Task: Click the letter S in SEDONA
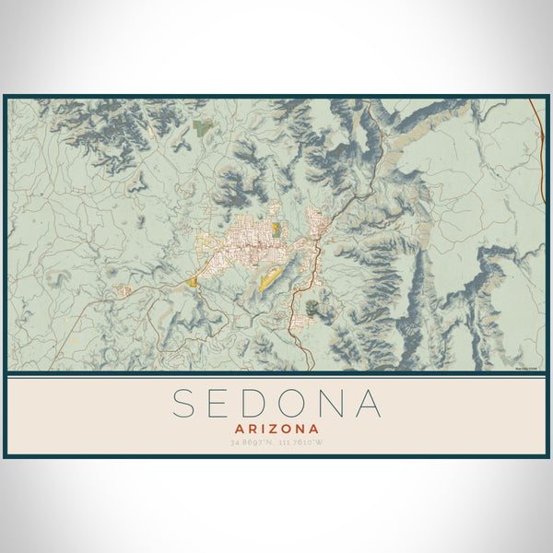click(x=184, y=404)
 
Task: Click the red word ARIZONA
click(x=276, y=429)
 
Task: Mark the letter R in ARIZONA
click(x=253, y=429)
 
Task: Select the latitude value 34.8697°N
click(x=253, y=443)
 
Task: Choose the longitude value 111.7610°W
click(x=300, y=443)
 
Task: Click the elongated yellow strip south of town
click(x=269, y=277)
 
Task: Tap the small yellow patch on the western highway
click(x=192, y=282)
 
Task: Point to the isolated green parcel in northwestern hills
click(x=203, y=129)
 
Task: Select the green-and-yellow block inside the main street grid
click(x=276, y=229)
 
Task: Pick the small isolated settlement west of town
click(x=123, y=290)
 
